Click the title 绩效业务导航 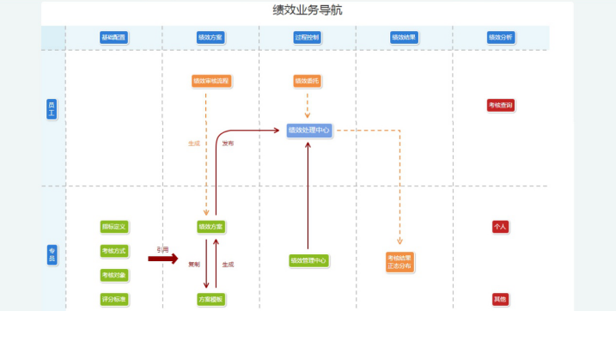308,11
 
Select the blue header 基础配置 113,38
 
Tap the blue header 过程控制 307,38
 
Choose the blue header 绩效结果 404,38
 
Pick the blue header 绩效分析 500,38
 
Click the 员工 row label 52,109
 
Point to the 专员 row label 52,254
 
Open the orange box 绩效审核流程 211,82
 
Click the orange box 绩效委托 307,82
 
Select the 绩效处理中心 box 309,131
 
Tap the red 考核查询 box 501,106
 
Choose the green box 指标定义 113,227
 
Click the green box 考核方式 113,251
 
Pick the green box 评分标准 113,300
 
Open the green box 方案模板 210,300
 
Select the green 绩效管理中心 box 308,260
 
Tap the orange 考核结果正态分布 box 399,262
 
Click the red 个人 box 500,227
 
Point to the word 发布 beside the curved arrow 228,143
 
